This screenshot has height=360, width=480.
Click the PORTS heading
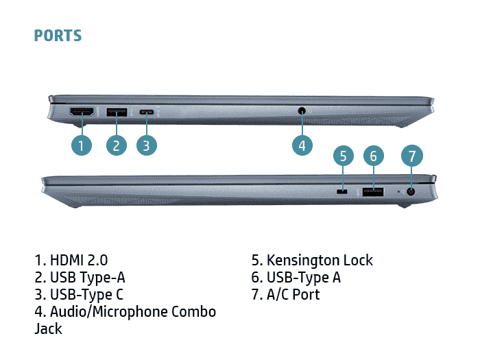tap(58, 35)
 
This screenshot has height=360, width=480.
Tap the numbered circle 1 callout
tap(81, 145)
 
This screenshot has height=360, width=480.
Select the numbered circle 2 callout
tap(117, 145)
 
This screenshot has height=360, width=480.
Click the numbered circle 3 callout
tap(146, 145)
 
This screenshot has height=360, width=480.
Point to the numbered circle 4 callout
tap(302, 145)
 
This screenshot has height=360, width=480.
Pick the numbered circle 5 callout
tap(344, 156)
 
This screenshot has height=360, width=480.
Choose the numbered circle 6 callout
tap(373, 156)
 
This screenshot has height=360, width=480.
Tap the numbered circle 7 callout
tap(411, 156)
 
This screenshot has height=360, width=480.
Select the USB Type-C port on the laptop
tap(147, 111)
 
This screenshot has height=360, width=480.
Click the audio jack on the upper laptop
tap(302, 110)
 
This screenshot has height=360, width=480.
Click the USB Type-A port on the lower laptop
tap(373, 192)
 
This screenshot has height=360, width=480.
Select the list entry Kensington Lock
tap(320, 260)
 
